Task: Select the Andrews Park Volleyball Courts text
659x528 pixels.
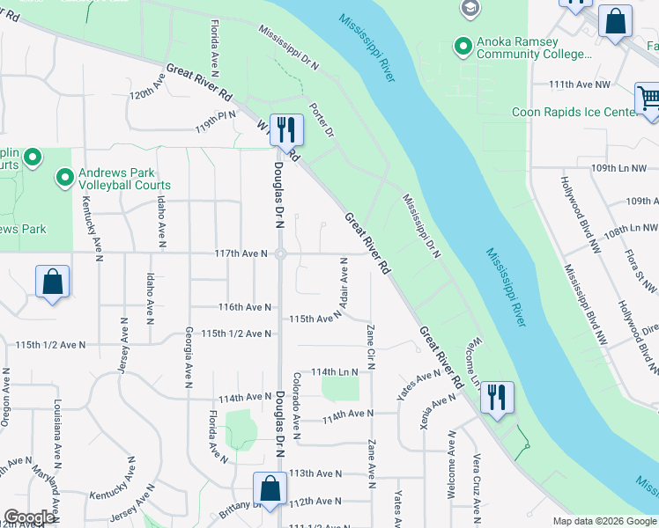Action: click(124, 179)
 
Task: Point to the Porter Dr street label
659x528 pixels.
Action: click(322, 121)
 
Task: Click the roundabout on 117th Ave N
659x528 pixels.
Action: click(280, 254)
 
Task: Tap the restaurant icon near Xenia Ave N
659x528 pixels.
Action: click(497, 397)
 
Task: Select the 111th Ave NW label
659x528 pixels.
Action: click(579, 84)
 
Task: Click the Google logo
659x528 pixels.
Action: click(29, 517)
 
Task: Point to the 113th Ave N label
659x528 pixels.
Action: click(315, 473)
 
